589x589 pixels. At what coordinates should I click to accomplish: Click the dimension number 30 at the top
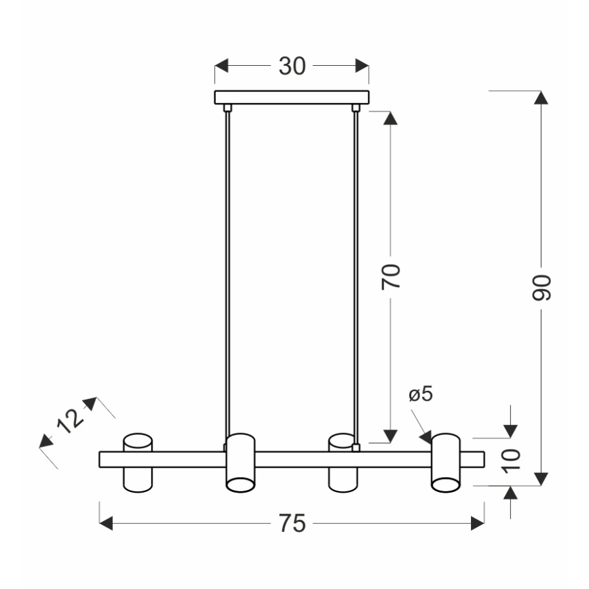point(292,66)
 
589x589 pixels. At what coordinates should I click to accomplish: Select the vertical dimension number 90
point(541,288)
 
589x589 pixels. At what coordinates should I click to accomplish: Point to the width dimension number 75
point(292,523)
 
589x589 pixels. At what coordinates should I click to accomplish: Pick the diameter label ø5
point(421,394)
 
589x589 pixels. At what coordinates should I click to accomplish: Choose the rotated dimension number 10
point(512,459)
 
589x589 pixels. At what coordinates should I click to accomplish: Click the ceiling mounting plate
point(292,97)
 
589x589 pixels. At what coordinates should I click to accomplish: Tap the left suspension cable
point(227,271)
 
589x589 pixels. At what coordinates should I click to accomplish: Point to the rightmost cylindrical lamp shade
point(446,463)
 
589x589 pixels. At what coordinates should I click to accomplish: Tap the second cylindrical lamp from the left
point(240,463)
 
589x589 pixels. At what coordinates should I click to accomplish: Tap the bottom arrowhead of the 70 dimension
point(390,435)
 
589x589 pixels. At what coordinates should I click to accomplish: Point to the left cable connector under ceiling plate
point(227,107)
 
